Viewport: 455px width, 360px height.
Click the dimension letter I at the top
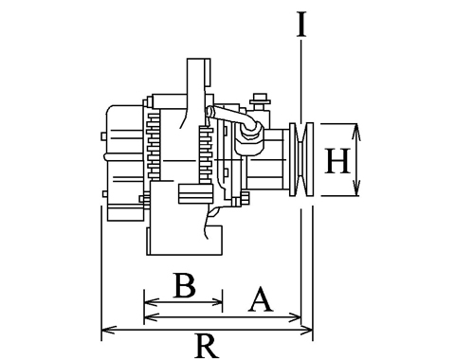(x=301, y=24)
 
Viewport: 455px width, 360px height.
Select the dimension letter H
(x=337, y=161)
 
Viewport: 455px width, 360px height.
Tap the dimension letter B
(x=185, y=285)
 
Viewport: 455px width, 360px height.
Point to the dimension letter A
(x=261, y=299)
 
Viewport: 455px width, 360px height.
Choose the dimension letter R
(x=207, y=346)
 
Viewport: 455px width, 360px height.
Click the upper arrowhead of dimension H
(x=356, y=130)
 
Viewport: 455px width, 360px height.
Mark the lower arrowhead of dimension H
(x=356, y=189)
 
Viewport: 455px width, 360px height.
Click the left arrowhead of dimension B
(x=151, y=302)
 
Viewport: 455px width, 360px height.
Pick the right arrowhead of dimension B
(x=216, y=302)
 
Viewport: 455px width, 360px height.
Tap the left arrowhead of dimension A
(x=151, y=316)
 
